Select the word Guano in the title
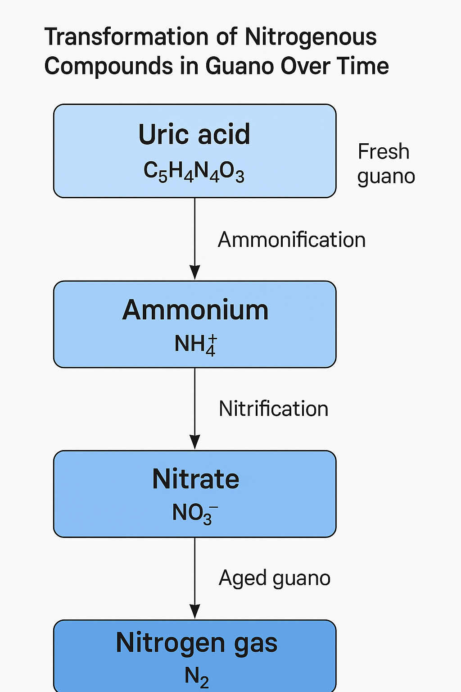(240, 66)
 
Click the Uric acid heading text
(194, 134)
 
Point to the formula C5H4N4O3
(194, 172)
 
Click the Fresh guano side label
(386, 164)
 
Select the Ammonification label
(291, 240)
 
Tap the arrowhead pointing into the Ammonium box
(194, 272)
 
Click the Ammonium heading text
(195, 310)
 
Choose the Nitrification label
(273, 409)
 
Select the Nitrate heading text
(196, 479)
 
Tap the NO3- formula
(195, 514)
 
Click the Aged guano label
(275, 578)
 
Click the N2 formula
(197, 677)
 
